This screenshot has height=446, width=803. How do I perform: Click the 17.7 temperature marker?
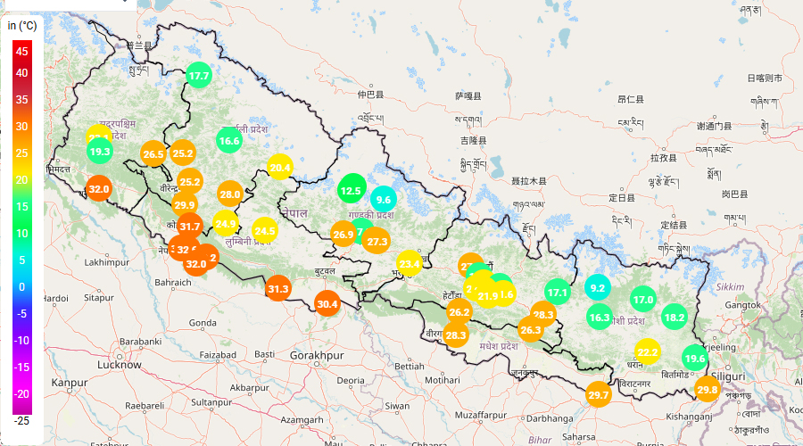tap(199, 77)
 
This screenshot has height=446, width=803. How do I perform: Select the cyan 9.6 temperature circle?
tap(384, 200)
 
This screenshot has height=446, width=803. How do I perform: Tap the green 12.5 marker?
tap(351, 190)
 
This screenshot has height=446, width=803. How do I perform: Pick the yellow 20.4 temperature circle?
tap(280, 168)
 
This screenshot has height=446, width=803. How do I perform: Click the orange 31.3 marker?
tap(278, 288)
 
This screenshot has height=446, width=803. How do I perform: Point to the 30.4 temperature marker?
tap(327, 304)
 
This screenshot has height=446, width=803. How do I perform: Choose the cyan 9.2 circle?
tap(598, 287)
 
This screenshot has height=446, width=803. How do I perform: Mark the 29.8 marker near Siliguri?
tap(708, 390)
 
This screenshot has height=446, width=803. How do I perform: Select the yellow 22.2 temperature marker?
tap(648, 352)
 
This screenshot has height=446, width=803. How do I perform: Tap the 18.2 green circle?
tap(675, 317)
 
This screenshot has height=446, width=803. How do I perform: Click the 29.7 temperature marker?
tap(599, 395)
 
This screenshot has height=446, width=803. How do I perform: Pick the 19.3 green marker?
tap(100, 153)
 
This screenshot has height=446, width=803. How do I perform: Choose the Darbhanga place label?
tap(550, 418)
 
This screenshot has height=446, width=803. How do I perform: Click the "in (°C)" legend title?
tap(22, 26)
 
